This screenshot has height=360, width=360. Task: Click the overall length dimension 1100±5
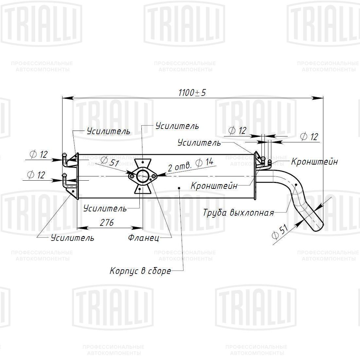192,93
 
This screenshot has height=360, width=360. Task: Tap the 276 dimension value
107,223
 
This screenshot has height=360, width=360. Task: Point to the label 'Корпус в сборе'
140,271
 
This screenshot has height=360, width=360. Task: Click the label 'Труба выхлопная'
238,213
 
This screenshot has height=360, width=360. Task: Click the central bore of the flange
142,176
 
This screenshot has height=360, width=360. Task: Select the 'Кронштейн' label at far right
314,162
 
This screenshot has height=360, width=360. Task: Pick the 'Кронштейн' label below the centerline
214,186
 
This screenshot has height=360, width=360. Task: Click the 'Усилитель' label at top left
108,132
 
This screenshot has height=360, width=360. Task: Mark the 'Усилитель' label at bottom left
72,238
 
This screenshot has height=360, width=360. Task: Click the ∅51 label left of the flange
110,161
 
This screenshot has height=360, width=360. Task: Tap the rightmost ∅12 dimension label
309,136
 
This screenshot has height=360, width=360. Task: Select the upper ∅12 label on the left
39,154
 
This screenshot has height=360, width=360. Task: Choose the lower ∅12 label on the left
36,175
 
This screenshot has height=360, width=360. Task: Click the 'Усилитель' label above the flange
177,126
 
